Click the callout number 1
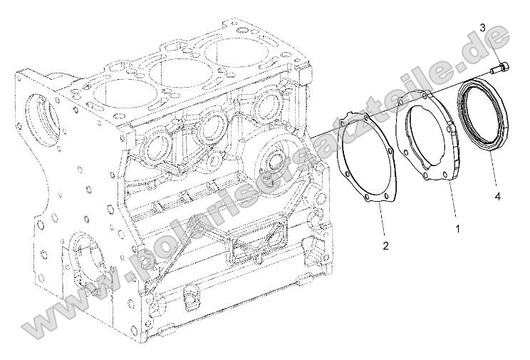(457, 229)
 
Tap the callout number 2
(385, 246)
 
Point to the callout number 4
(497, 194)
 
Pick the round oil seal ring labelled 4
(484, 116)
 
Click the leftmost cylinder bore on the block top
(113, 91)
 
